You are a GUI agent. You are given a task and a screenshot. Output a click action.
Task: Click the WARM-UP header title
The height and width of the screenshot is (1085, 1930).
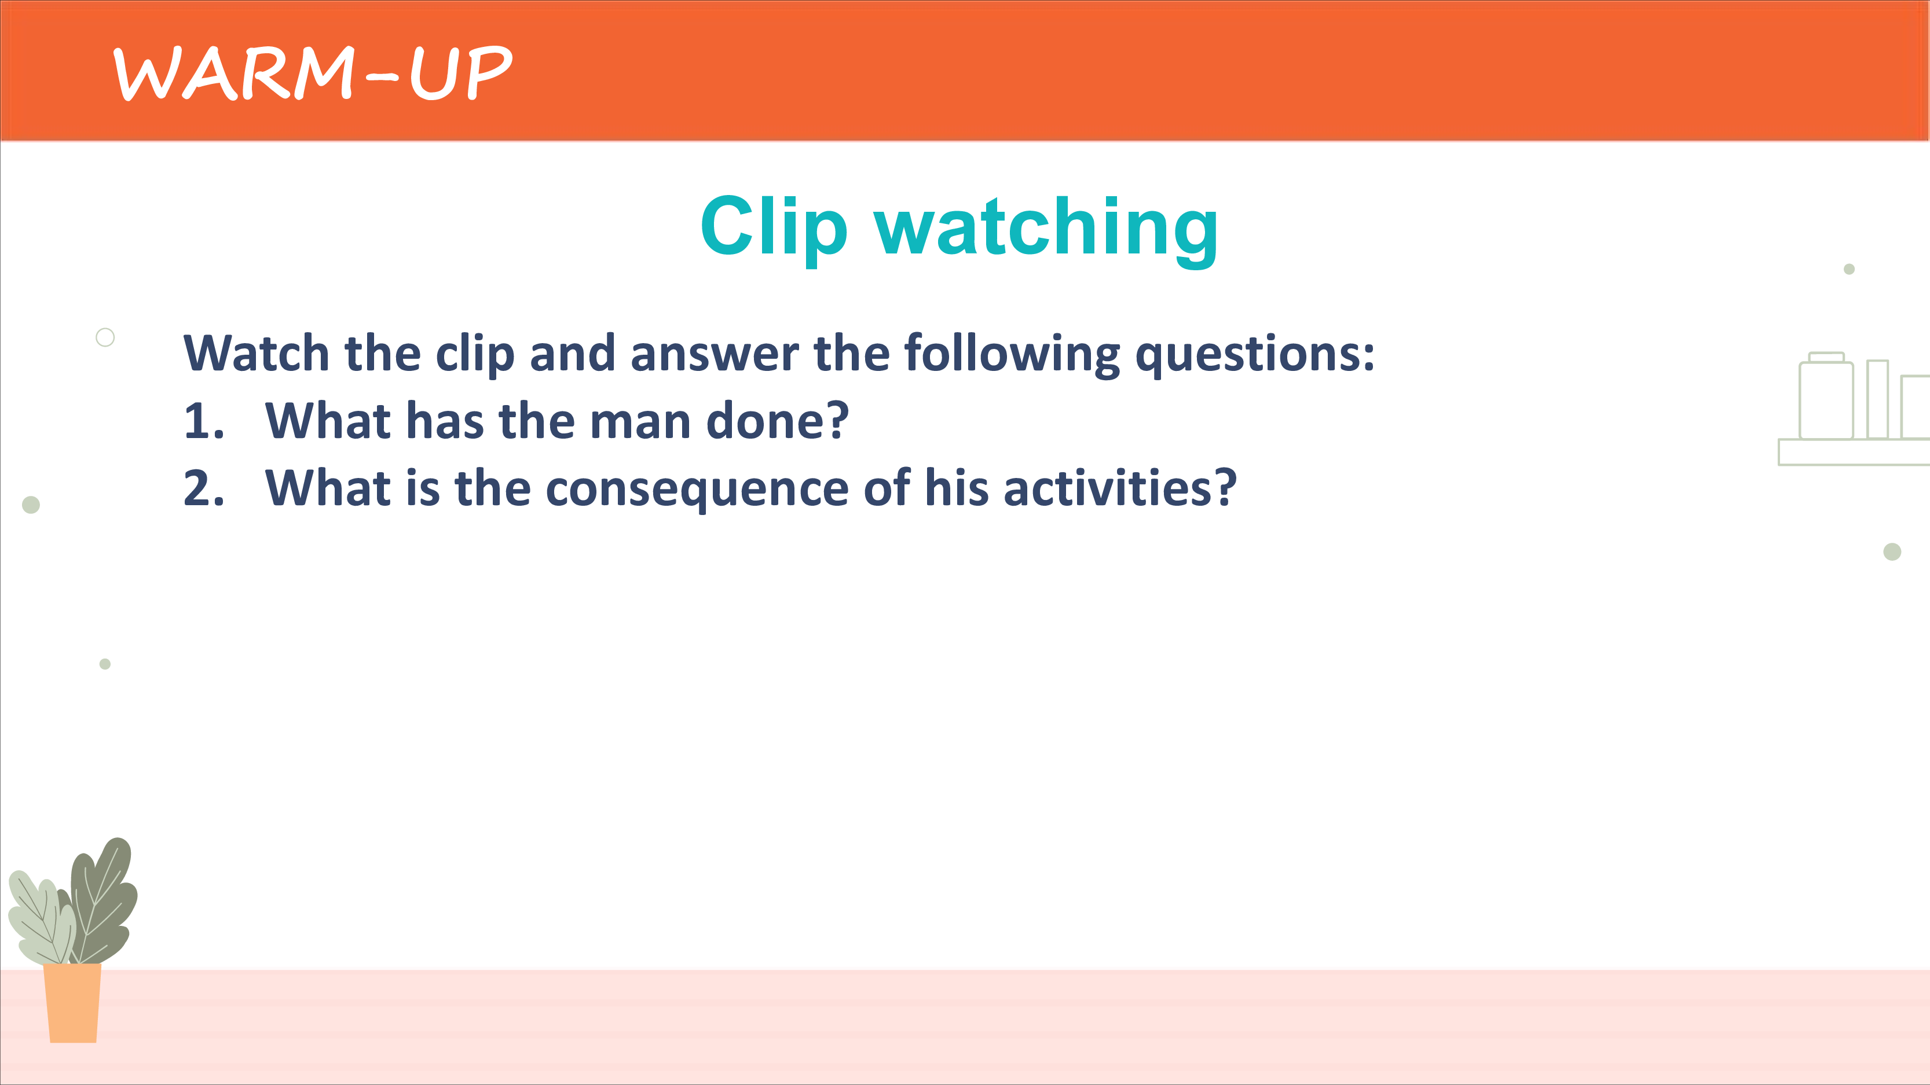pos(313,73)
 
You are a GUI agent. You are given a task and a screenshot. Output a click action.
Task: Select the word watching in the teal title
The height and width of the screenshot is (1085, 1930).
pos(1047,229)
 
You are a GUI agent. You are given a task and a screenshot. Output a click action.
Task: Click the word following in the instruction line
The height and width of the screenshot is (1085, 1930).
pos(1012,354)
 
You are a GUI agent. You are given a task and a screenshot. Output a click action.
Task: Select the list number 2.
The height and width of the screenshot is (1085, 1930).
pos(204,488)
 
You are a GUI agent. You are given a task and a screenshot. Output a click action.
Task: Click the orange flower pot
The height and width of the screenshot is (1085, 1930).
pos(73,1003)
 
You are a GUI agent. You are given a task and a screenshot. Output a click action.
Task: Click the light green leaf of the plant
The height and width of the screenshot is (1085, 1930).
pos(41,919)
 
